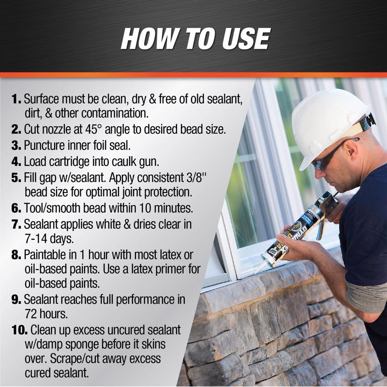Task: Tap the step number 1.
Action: pyautogui.click(x=16, y=100)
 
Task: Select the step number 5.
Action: pyautogui.click(x=16, y=178)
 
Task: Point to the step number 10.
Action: pyautogui.click(x=19, y=330)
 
